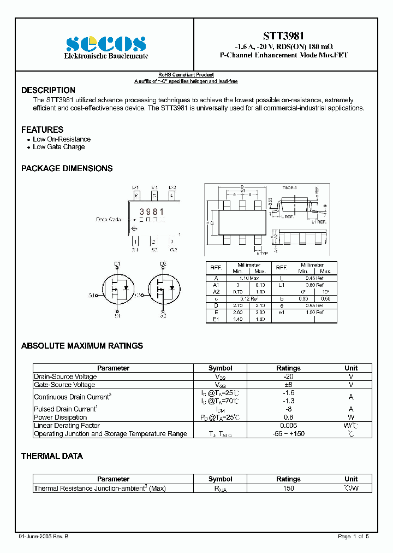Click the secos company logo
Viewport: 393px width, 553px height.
pos(106,44)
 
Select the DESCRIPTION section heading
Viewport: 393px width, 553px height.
pos(48,90)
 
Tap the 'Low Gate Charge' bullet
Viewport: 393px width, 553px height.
pos(59,147)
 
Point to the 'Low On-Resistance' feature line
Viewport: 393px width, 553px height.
pos(62,139)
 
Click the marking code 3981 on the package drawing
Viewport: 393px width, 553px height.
pos(152,211)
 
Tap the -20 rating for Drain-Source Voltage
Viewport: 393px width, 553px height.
pos(288,376)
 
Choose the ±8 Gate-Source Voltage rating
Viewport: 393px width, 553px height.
pos(288,385)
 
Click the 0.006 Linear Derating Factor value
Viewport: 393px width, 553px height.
pos(288,426)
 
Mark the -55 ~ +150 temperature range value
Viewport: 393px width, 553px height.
pos(288,434)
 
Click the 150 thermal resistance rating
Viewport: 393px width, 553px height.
pos(288,489)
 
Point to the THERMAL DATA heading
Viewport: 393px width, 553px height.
pos(52,456)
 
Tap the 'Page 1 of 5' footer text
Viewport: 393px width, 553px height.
pos(353,537)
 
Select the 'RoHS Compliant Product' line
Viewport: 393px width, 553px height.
pos(186,75)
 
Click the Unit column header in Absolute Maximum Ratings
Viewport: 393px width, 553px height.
pos(351,368)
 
